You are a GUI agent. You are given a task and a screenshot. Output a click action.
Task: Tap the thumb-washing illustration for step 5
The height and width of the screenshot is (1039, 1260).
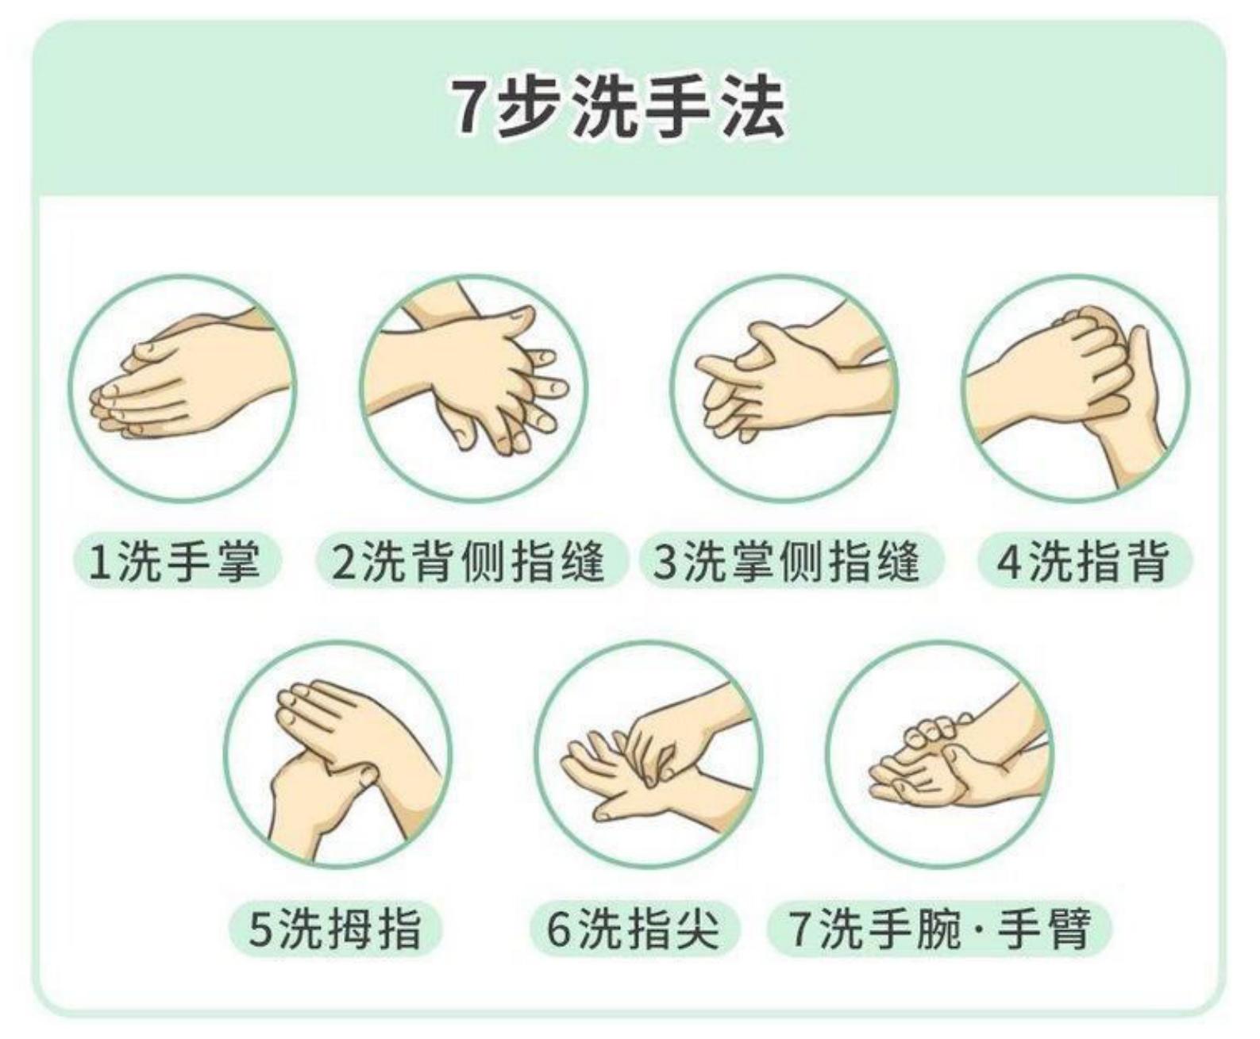pyautogui.click(x=338, y=754)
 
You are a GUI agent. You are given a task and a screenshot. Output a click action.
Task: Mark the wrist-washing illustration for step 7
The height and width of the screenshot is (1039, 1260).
pyautogui.click(x=942, y=754)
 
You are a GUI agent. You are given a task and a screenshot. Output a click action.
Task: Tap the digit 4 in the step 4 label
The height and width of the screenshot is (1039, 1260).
pyautogui.click(x=1008, y=561)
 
